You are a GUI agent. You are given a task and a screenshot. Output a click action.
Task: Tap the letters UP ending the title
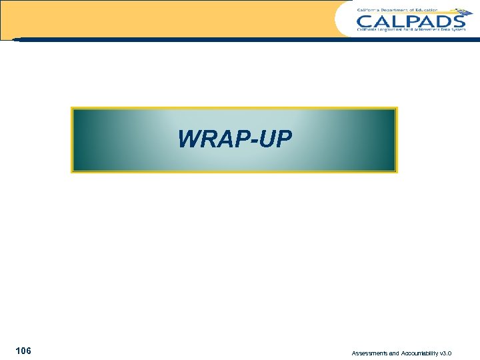(x=277, y=139)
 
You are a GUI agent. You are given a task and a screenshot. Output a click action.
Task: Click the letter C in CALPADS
(x=365, y=20)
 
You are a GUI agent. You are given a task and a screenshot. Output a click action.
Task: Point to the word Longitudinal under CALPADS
(x=396, y=30)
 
